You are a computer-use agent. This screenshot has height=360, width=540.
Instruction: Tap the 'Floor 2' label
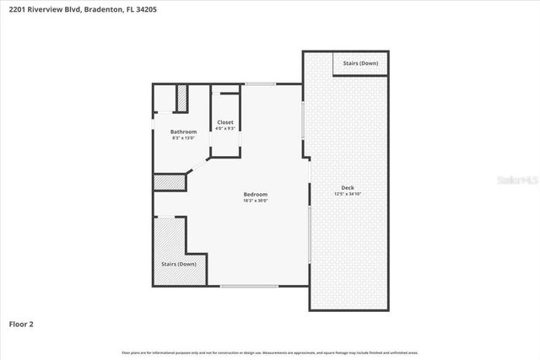[x=21, y=323]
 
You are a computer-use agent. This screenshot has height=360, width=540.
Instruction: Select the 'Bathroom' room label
[x=183, y=132]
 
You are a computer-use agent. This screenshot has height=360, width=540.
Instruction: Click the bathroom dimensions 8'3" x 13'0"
[x=183, y=138]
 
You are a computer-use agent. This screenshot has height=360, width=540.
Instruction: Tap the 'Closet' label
[x=225, y=122]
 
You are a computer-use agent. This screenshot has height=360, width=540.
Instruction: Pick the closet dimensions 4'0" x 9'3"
[x=225, y=129]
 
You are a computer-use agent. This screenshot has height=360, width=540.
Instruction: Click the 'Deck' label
[x=348, y=187]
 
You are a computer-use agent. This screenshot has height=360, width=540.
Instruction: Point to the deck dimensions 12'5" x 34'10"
[x=348, y=194]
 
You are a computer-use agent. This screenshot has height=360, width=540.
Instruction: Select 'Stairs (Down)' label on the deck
[x=361, y=63]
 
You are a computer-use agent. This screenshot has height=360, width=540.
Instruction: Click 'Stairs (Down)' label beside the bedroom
[x=178, y=264]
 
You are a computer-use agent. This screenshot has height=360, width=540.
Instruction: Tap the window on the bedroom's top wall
[x=261, y=83]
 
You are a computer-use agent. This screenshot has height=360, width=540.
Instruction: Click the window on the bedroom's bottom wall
[x=249, y=286]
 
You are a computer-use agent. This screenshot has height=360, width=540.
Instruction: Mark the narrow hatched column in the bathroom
[x=181, y=98]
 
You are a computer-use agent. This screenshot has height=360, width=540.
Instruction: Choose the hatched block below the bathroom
[x=167, y=182]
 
